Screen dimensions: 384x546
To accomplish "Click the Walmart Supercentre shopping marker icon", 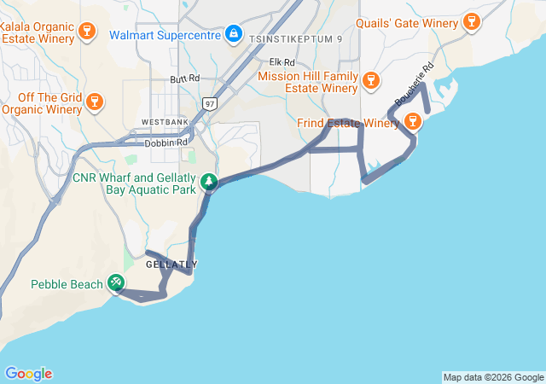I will [x=233, y=35].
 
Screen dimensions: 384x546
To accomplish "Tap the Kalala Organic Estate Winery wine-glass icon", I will [x=86, y=32].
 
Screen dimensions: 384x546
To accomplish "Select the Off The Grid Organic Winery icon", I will [x=95, y=102].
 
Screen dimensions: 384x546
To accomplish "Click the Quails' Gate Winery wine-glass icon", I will [x=471, y=20].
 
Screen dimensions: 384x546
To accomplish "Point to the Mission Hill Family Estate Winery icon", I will [x=369, y=81].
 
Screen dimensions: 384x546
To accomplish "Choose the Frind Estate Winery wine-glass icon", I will [x=412, y=122].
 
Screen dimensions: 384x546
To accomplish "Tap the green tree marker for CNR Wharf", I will [x=209, y=181].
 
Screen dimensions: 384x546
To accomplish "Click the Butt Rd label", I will [x=184, y=79].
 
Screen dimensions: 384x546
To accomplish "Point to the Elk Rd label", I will [x=282, y=62].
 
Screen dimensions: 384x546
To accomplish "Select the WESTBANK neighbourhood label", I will [x=164, y=123].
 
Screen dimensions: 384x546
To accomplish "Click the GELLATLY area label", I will [x=171, y=265].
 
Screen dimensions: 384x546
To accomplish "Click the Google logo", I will [x=28, y=374].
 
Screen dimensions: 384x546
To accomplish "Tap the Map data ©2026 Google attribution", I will [x=493, y=377].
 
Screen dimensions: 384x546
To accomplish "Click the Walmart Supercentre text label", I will [x=166, y=35].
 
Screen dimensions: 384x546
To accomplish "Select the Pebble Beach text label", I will [x=67, y=284].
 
